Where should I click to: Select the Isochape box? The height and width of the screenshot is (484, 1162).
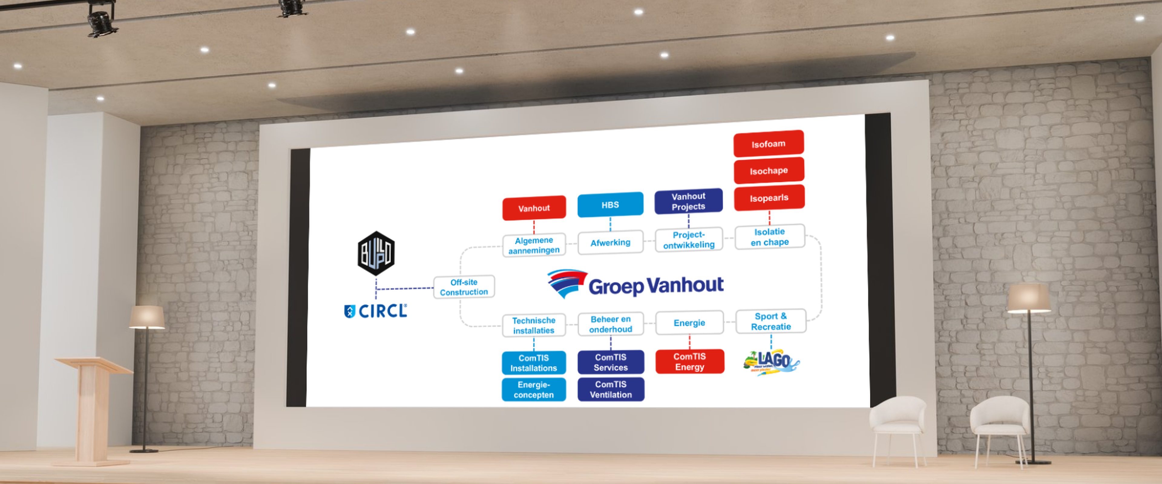pyautogui.click(x=769, y=171)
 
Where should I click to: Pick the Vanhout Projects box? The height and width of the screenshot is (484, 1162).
pyautogui.click(x=688, y=201)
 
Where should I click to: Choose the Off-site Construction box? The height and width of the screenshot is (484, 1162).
pyautogui.click(x=464, y=287)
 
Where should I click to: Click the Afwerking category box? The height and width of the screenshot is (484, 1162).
pyautogui.click(x=610, y=243)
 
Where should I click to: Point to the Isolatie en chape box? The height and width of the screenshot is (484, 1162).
pyautogui.click(x=770, y=237)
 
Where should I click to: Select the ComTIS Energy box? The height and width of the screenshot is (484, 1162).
pyautogui.click(x=689, y=361)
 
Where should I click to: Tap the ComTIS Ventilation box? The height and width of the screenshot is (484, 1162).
pyautogui.click(x=611, y=389)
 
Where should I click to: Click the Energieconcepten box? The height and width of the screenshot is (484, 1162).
pyautogui.click(x=533, y=390)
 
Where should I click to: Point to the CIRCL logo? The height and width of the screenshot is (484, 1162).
pyautogui.click(x=376, y=311)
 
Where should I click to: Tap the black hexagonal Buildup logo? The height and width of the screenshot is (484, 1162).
pyautogui.click(x=376, y=253)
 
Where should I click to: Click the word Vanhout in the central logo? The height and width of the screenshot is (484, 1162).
pyautogui.click(x=685, y=285)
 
